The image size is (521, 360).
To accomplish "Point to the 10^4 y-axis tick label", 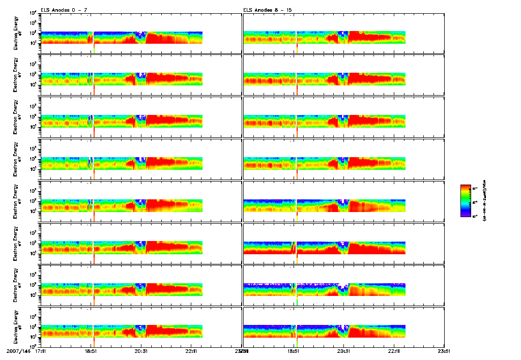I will tap(33, 13).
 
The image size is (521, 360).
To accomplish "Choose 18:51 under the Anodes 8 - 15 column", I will tap(294, 351).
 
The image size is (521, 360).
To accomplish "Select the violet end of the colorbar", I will tap(465, 215).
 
